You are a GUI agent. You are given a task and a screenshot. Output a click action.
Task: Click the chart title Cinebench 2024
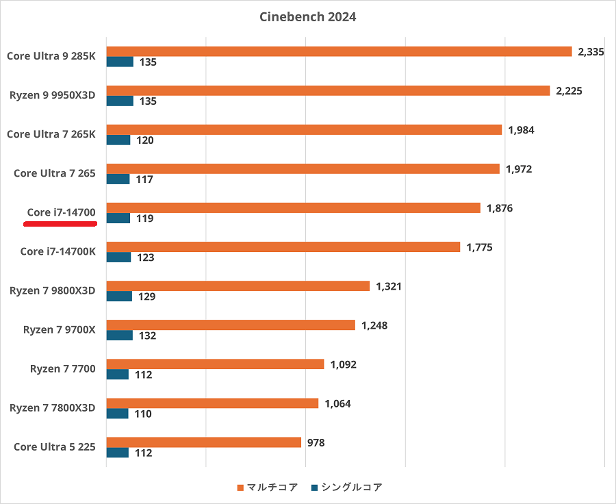(307, 17)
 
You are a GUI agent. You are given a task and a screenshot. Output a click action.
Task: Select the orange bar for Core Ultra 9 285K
(339, 51)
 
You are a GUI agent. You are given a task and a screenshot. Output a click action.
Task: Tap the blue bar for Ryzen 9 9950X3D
(120, 101)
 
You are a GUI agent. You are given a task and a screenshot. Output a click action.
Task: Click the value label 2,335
(591, 51)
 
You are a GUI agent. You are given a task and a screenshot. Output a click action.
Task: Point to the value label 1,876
(500, 208)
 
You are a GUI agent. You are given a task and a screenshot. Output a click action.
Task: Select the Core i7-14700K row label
(57, 251)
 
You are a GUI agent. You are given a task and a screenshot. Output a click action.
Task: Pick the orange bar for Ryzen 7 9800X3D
(238, 286)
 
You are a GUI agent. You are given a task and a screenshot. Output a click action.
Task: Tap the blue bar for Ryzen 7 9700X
(120, 336)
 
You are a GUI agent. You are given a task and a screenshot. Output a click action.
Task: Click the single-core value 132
(147, 336)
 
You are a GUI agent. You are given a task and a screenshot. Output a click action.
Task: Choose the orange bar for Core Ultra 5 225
(203, 442)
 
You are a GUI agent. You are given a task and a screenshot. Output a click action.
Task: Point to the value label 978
(316, 442)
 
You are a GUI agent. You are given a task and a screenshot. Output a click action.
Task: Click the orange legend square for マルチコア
(240, 488)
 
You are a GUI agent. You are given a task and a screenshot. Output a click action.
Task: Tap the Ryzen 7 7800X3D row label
(52, 408)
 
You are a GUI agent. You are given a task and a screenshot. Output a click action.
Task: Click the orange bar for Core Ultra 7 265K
(304, 130)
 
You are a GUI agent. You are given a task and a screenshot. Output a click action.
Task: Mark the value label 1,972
(519, 169)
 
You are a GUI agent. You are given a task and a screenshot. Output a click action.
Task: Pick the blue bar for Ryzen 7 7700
(118, 375)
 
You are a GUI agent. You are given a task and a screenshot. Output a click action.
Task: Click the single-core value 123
(145, 257)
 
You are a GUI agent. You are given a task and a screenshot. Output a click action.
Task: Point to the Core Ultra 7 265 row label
(54, 173)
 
